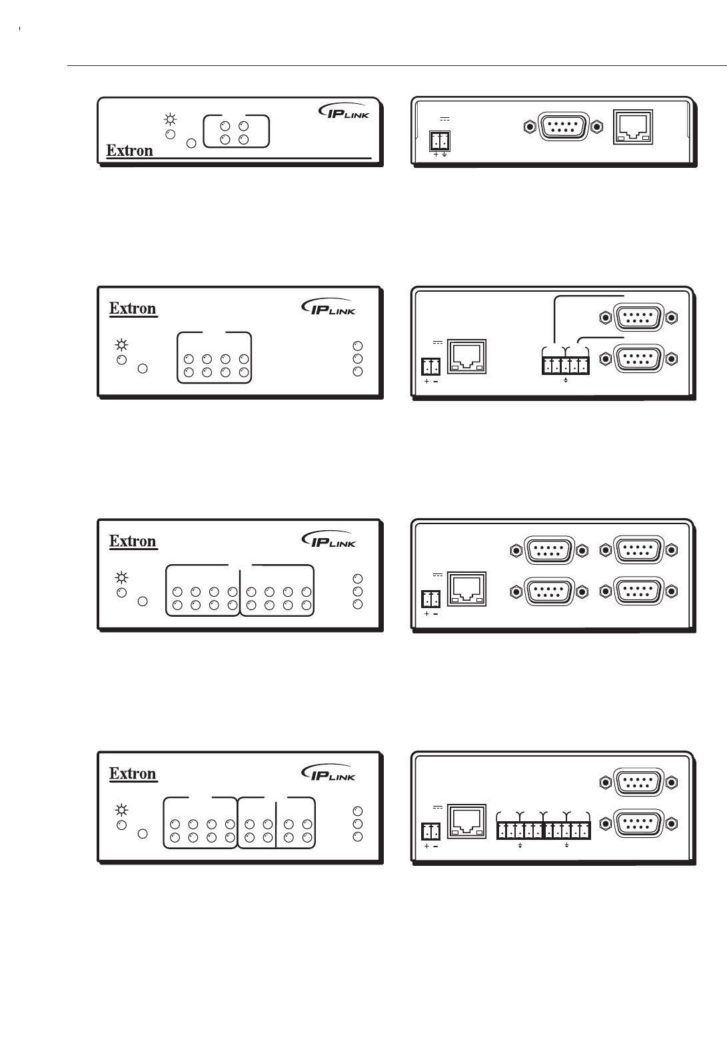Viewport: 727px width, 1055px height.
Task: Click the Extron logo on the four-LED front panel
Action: (x=130, y=151)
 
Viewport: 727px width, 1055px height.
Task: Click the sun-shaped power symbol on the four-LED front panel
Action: (x=171, y=120)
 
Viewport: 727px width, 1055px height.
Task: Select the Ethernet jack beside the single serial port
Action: (x=633, y=127)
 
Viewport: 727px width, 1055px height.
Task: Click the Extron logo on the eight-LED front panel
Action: (x=133, y=308)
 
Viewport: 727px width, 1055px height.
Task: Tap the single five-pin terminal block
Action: (x=565, y=365)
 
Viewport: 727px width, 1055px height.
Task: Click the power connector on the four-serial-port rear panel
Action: (x=430, y=598)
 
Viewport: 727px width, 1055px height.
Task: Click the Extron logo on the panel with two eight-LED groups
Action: (x=133, y=541)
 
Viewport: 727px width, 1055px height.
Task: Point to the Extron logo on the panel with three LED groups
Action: (x=133, y=773)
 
